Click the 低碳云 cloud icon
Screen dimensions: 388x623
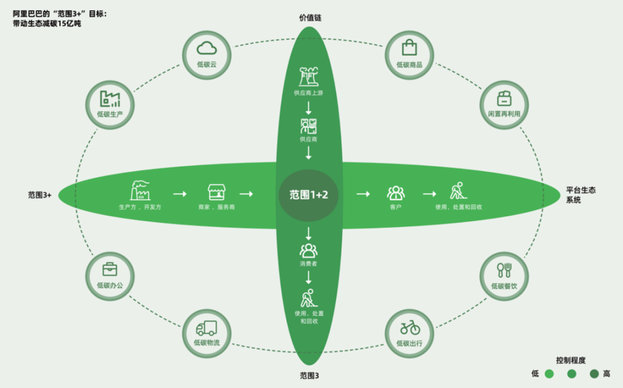[x=207, y=48]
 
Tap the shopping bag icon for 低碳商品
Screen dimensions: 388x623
[x=410, y=47]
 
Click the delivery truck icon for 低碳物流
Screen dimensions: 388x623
[x=207, y=328]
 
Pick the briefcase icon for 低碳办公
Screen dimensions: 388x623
[x=110, y=269]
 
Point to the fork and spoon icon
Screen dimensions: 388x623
[x=504, y=270]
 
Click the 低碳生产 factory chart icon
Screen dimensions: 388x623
[x=110, y=99]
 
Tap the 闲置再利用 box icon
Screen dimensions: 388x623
[x=504, y=99]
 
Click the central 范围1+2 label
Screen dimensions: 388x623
[x=308, y=194]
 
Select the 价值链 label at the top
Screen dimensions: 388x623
[x=310, y=18]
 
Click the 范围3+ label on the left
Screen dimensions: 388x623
[x=40, y=195]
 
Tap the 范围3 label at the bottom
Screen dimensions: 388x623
[x=309, y=376]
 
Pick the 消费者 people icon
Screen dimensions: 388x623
[x=309, y=250]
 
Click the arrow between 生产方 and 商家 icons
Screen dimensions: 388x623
[x=179, y=194]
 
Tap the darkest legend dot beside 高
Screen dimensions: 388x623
[x=594, y=374]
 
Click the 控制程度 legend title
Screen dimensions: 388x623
[x=571, y=360]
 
